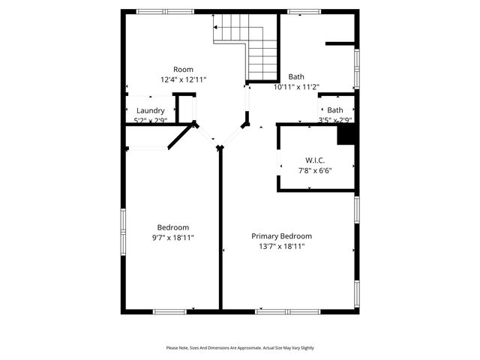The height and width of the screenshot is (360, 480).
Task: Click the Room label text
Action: (183, 69)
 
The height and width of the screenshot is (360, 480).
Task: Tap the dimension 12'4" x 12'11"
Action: (183, 79)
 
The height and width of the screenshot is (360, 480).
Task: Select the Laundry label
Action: (150, 111)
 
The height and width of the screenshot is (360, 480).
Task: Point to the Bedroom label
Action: (172, 227)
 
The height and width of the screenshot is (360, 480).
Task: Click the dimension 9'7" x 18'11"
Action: (172, 238)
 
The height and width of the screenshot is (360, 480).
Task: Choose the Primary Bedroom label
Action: (281, 235)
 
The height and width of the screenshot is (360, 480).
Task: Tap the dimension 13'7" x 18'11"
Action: (281, 246)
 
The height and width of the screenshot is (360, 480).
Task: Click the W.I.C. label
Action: (315, 160)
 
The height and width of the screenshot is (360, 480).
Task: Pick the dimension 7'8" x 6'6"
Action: (315, 170)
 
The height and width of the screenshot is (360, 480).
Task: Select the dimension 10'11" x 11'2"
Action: (296, 87)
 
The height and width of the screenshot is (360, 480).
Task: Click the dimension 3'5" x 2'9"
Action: (334, 120)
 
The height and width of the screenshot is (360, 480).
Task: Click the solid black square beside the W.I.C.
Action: (346, 134)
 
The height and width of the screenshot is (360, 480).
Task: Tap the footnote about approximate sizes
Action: (240, 348)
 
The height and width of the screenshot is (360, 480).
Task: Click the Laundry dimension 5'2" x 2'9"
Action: (150, 120)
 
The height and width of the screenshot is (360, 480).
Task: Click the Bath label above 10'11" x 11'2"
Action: (296, 76)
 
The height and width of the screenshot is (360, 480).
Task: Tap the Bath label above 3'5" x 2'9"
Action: (334, 110)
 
